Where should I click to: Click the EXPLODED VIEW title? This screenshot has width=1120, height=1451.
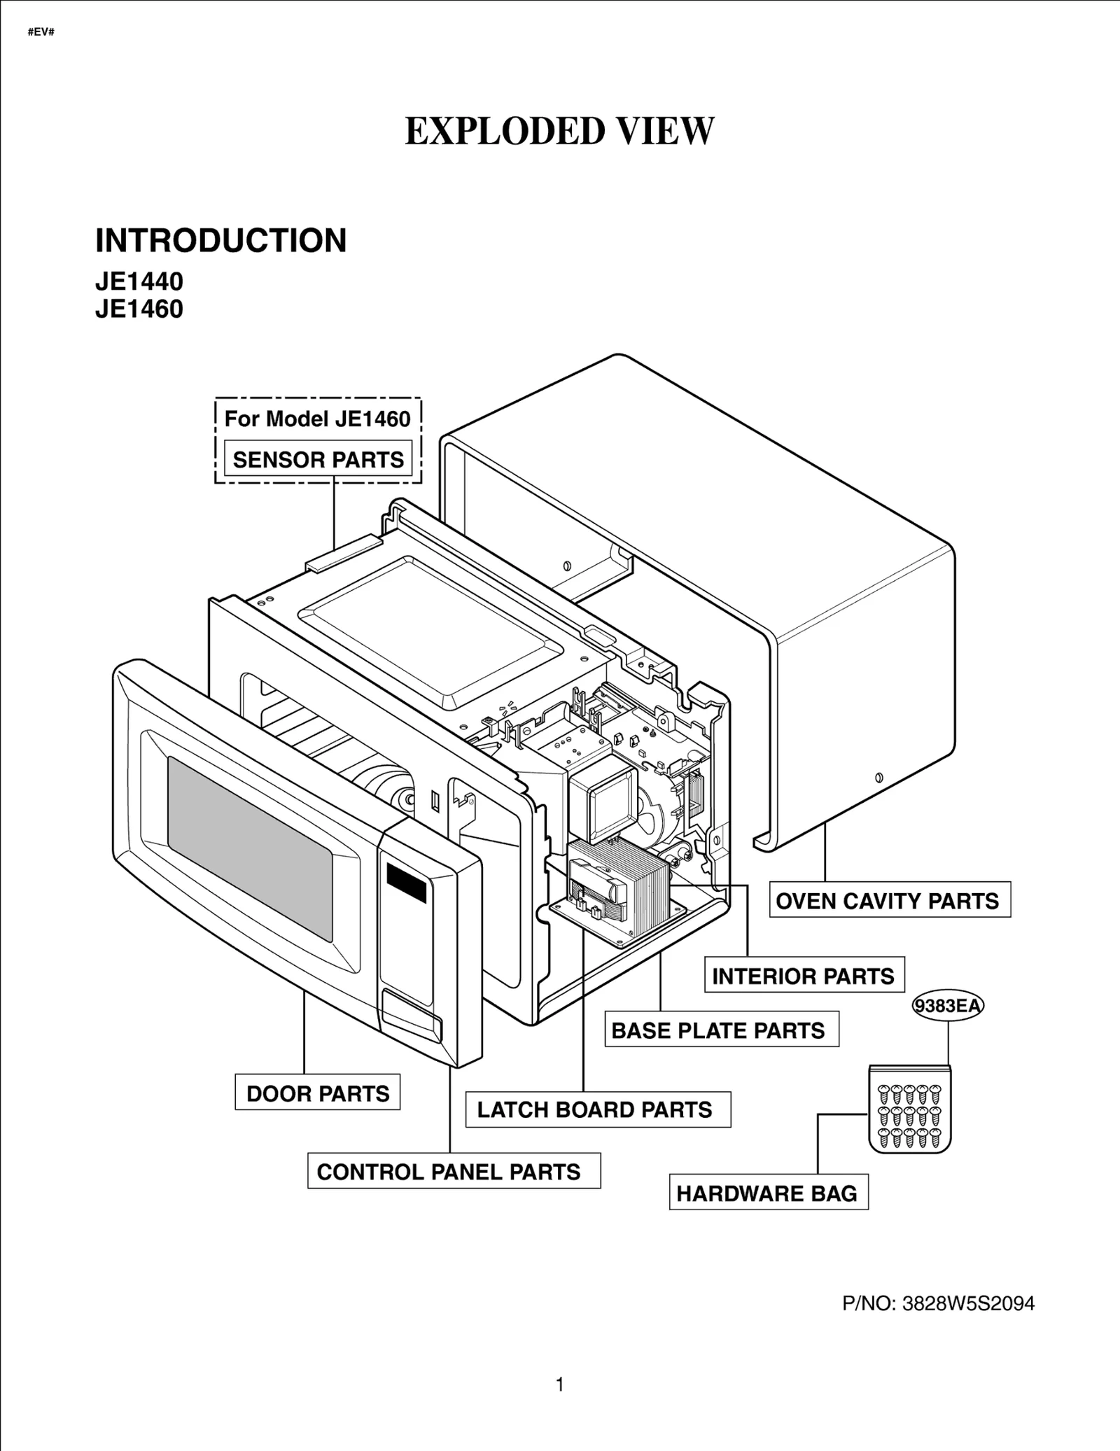click(x=559, y=132)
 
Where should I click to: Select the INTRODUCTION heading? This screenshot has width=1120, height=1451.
click(x=220, y=241)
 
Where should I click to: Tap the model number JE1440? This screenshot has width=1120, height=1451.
click(x=139, y=281)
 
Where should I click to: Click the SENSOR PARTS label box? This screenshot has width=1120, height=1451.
click(x=318, y=459)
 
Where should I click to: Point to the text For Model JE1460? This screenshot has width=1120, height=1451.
click(x=317, y=419)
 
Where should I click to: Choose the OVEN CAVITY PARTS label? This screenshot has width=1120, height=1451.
click(x=888, y=901)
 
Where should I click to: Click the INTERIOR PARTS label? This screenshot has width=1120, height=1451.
click(x=804, y=976)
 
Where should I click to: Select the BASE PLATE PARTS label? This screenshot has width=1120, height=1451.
click(x=719, y=1030)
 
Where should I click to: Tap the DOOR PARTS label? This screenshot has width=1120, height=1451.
click(x=318, y=1093)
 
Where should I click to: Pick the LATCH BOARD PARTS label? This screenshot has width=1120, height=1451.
click(x=595, y=1109)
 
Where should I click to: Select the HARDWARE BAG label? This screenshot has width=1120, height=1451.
click(x=767, y=1193)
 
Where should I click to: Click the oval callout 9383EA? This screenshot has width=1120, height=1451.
click(x=948, y=1006)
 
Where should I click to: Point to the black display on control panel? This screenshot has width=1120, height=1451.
click(x=405, y=883)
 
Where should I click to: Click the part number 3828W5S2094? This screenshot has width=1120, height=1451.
click(x=968, y=1304)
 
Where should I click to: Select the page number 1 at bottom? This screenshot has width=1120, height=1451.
click(x=559, y=1385)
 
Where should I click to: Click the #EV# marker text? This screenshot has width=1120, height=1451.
click(x=41, y=33)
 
